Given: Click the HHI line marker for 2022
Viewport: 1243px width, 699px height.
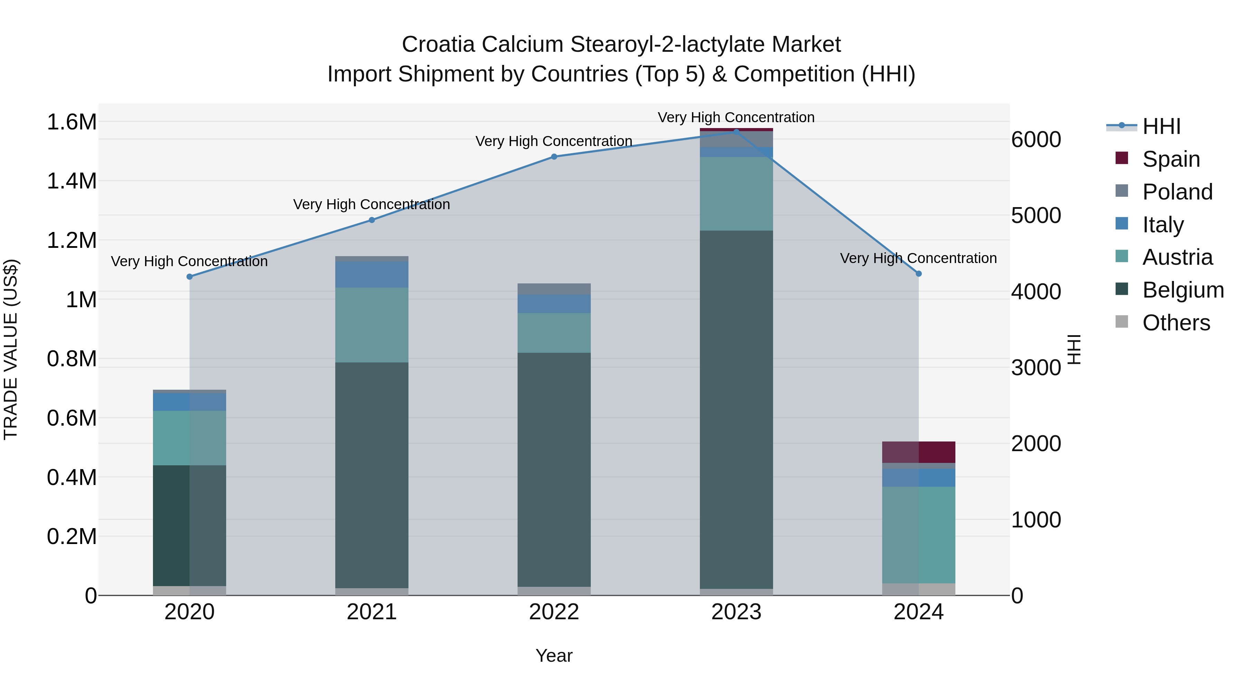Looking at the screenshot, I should click(x=554, y=157).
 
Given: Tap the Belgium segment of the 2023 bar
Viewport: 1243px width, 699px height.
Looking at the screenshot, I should click(x=736, y=410).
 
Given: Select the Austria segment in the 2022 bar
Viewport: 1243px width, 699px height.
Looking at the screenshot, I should click(x=554, y=333).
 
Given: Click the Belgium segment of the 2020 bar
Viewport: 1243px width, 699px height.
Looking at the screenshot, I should click(x=189, y=526).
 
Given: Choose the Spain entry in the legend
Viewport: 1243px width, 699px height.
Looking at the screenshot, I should click(x=1170, y=159).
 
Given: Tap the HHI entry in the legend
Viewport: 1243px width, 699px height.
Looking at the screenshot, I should click(x=1161, y=126).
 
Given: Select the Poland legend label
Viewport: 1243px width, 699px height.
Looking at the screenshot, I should click(x=1177, y=192).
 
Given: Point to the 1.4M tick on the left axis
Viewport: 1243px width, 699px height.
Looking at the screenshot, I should click(x=71, y=181).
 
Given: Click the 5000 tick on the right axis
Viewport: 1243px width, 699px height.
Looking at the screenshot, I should click(x=1036, y=216).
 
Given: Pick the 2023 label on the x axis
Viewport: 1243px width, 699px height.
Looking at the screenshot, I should click(x=736, y=612).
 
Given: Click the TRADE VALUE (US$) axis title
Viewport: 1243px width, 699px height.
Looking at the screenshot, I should click(x=11, y=349).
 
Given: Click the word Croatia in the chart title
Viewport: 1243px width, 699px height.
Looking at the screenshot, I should click(x=438, y=45).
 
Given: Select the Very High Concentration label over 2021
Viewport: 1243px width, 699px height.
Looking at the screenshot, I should click(x=372, y=205).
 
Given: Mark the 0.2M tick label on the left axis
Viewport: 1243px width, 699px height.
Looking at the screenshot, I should click(x=71, y=536).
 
